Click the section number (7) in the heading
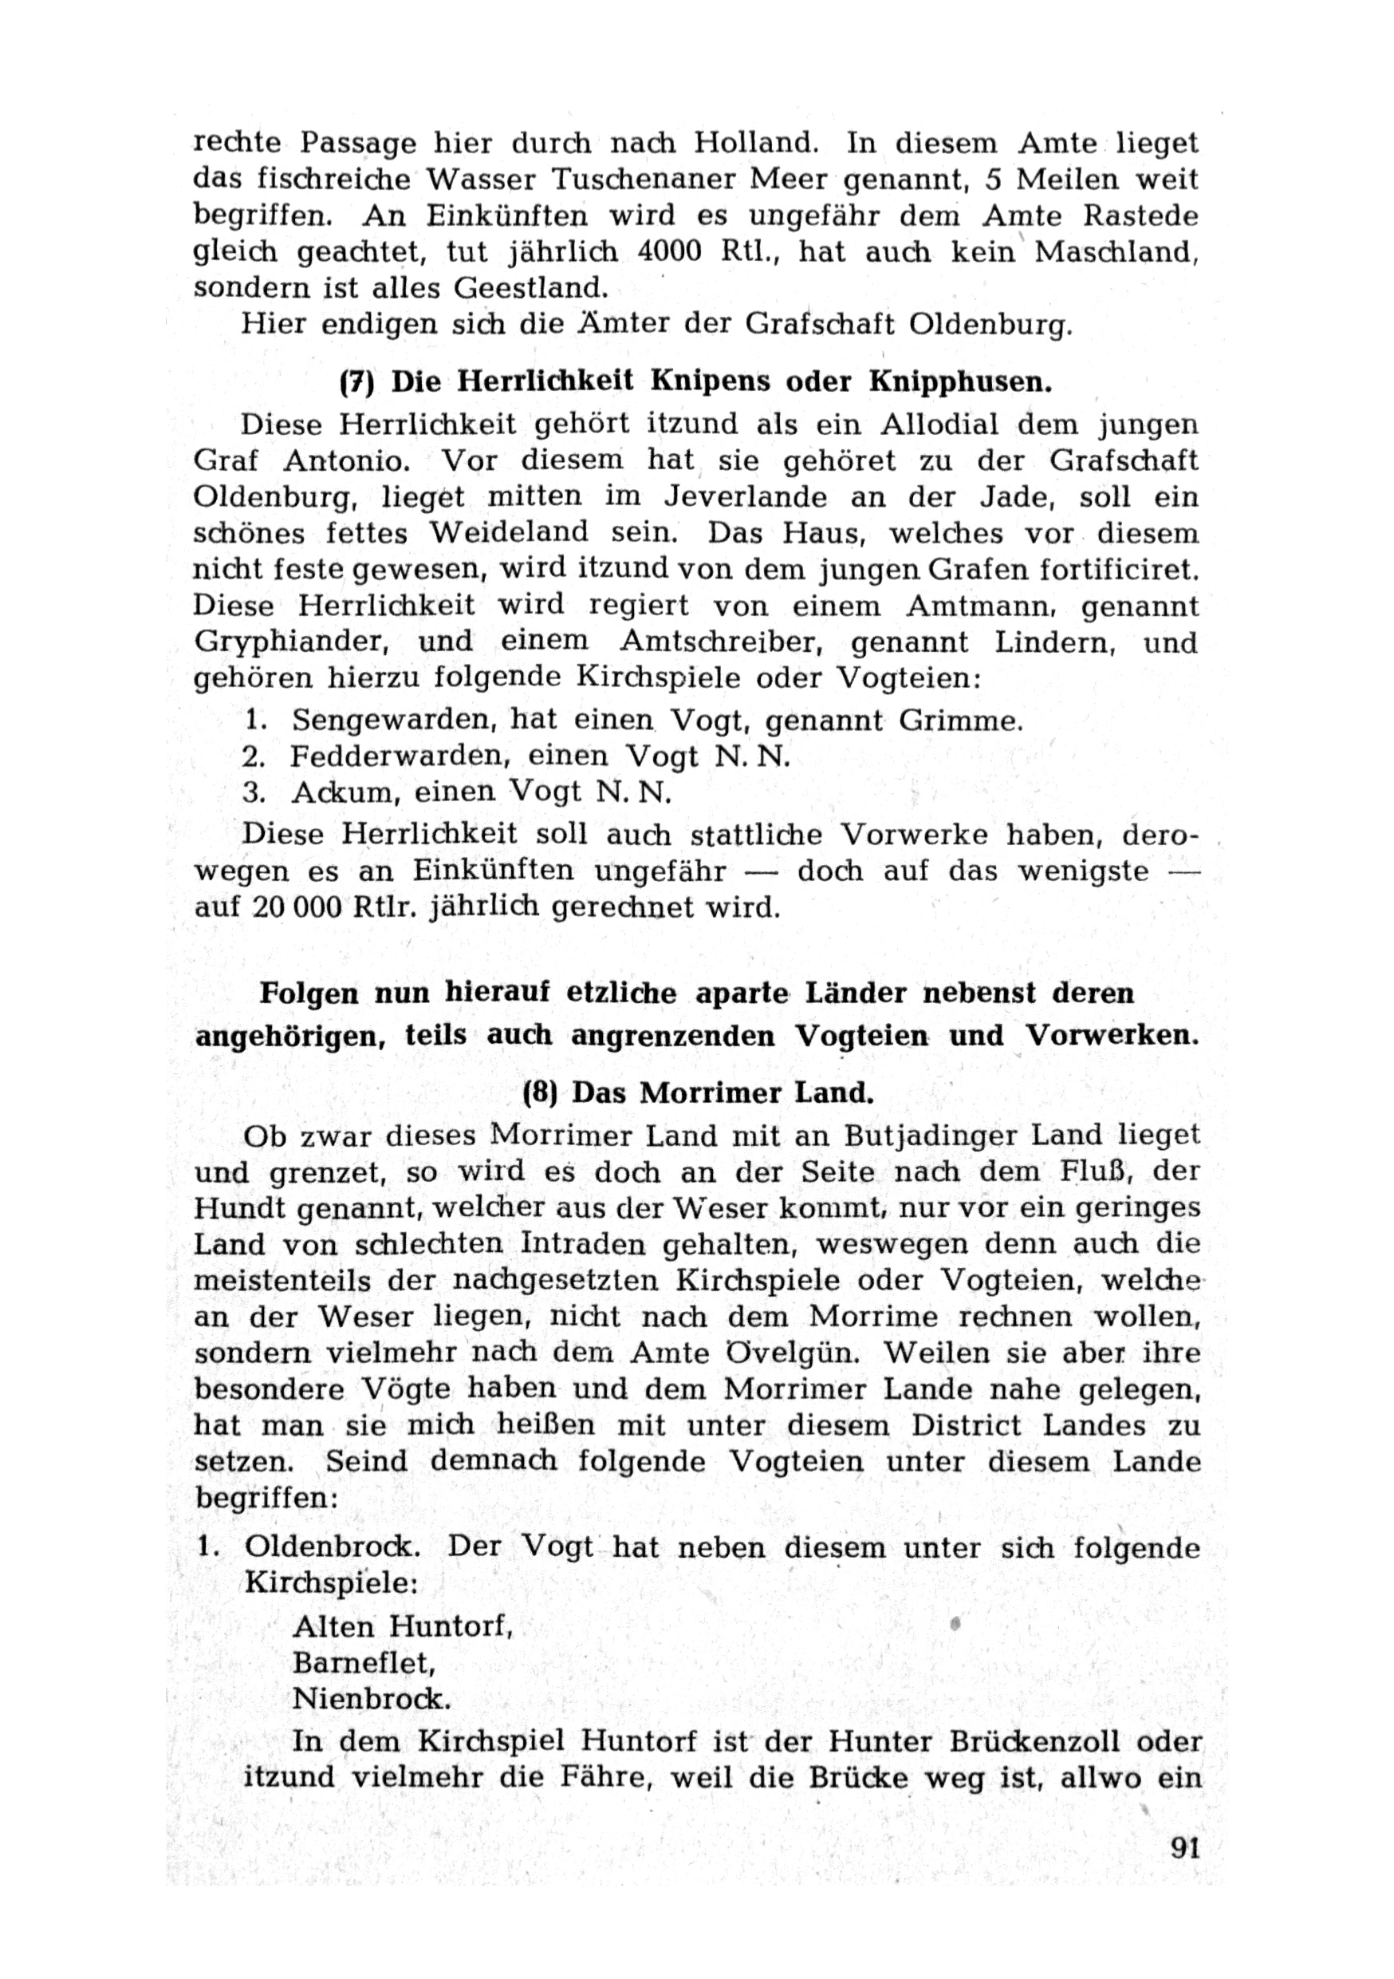[356, 382]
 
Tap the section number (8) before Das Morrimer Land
[539, 1093]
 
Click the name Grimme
[960, 720]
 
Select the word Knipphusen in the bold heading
[960, 382]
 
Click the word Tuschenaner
[644, 179]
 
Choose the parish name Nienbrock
[372, 1698]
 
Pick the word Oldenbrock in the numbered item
[333, 1547]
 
